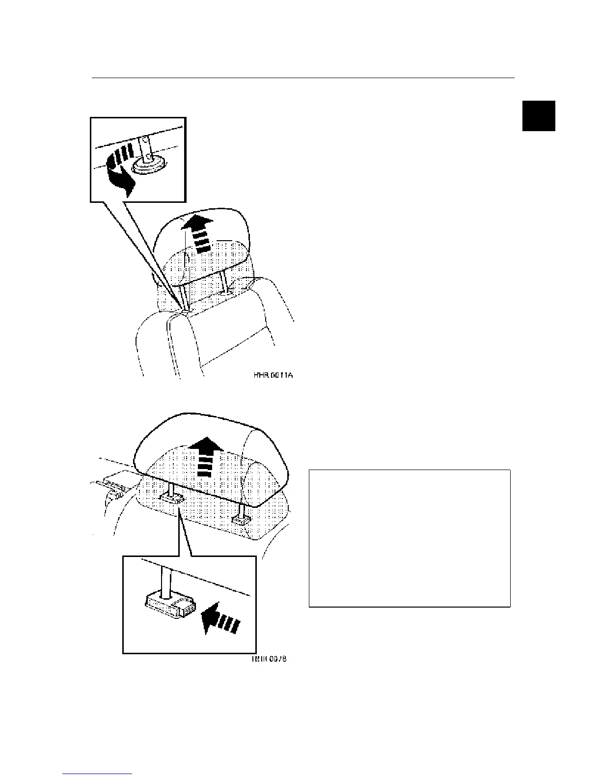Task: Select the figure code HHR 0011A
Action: pyautogui.click(x=273, y=376)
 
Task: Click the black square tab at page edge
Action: pyautogui.click(x=539, y=116)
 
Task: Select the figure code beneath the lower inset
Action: pyautogui.click(x=269, y=659)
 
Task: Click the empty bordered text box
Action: pyautogui.click(x=410, y=538)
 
